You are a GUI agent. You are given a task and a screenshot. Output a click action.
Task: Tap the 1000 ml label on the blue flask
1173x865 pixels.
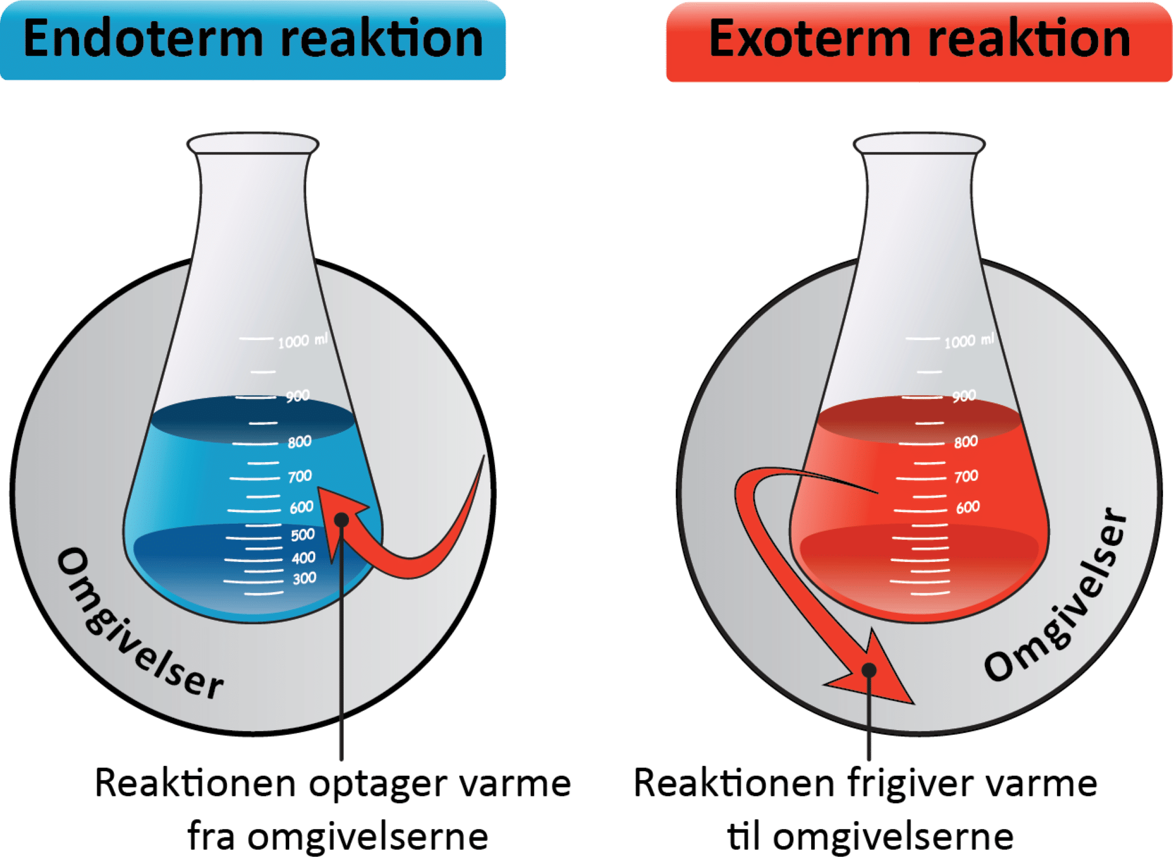pos(303,341)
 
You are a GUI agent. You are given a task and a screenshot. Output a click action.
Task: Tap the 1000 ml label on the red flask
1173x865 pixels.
pos(969,341)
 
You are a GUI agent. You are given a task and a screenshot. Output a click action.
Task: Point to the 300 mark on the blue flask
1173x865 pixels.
pos(304,578)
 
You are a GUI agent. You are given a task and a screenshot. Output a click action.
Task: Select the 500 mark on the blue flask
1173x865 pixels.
pos(303,534)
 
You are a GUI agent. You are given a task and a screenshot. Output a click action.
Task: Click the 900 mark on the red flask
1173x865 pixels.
pos(964,396)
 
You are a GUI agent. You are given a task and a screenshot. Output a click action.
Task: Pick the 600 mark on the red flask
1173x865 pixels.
pos(968,507)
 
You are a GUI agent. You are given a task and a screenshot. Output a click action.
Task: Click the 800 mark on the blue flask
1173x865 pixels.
pos(299,442)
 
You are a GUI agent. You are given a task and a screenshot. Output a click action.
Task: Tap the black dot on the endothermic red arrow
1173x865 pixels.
pos(341,520)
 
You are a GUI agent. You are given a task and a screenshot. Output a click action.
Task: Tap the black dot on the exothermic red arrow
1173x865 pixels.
pos(869,670)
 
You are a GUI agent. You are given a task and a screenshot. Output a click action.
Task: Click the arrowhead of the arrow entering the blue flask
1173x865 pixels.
pos(340,510)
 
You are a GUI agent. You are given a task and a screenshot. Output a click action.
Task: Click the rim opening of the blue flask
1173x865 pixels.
pos(253,143)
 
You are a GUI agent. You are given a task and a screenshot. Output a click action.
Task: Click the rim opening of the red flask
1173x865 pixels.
pos(919,143)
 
